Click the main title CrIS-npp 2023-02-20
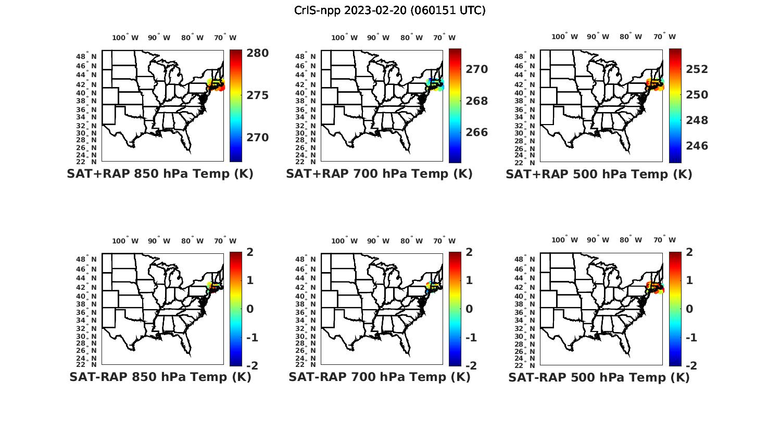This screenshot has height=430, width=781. (389, 10)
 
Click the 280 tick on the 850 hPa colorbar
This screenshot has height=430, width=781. (257, 53)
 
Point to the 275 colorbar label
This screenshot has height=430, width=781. (257, 95)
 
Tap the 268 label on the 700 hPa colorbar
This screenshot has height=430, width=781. (476, 101)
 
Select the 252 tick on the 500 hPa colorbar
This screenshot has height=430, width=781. (697, 69)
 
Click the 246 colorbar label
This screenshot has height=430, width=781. (697, 146)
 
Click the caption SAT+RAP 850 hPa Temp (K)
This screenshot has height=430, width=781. (160, 174)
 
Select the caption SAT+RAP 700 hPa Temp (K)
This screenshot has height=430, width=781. (379, 174)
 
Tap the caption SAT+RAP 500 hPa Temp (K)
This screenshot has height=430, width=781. (599, 175)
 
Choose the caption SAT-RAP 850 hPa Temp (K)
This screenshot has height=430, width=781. (160, 377)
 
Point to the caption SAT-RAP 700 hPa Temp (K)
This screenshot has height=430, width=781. (379, 377)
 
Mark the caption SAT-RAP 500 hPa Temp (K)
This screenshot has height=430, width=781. (599, 377)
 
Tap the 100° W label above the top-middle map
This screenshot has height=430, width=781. (345, 38)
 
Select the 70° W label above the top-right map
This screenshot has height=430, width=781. (665, 36)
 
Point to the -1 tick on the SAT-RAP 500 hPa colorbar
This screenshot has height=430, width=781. (691, 338)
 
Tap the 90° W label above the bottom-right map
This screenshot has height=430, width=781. (597, 240)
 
